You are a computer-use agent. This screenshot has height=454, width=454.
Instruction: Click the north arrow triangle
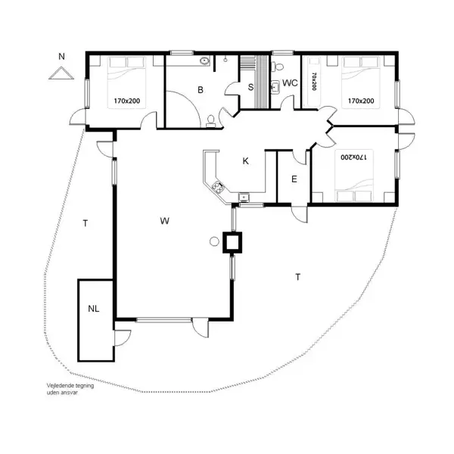tap(59, 73)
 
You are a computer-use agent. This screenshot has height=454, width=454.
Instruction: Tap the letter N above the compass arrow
tap(62, 57)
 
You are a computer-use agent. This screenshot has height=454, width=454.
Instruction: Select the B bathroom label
tap(201, 91)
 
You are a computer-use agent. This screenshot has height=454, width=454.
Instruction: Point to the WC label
tap(290, 83)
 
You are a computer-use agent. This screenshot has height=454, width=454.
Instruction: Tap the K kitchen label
tap(245, 161)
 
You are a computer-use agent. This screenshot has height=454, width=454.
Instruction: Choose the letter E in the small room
tap(294, 179)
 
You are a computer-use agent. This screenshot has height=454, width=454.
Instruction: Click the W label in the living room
tap(164, 221)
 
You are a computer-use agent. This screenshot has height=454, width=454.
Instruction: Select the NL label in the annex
tap(93, 309)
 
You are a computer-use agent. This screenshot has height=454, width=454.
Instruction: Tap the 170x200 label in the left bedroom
tap(128, 100)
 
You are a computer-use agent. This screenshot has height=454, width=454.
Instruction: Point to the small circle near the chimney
tap(214, 241)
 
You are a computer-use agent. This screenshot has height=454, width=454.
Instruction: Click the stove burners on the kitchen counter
tap(219, 188)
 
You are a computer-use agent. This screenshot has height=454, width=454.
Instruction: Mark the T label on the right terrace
tap(298, 277)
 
